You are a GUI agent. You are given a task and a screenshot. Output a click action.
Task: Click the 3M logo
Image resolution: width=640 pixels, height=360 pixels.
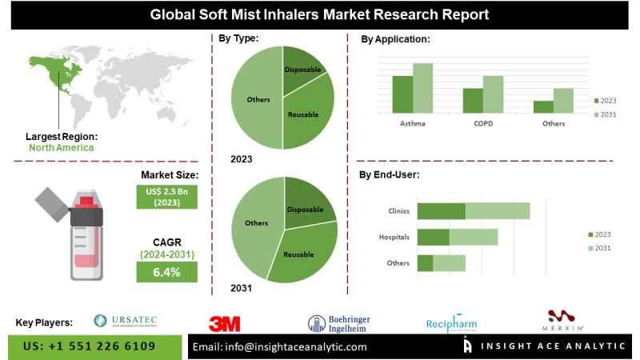click(x=224, y=323)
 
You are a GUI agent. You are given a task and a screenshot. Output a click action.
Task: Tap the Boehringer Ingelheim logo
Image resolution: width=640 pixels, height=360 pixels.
click(x=340, y=322)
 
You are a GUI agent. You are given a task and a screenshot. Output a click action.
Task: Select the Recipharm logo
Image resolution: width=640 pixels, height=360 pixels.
click(x=451, y=322)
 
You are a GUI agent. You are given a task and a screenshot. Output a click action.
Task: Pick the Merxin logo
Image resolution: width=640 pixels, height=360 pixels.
click(x=566, y=321)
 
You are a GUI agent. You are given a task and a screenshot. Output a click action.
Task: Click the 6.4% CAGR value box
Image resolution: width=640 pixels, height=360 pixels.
click(x=167, y=272)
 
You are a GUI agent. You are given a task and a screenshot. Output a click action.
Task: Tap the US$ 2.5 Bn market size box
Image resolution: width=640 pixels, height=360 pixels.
click(x=167, y=197)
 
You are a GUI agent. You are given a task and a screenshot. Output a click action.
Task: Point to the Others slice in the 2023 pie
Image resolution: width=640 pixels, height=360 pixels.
click(x=258, y=99)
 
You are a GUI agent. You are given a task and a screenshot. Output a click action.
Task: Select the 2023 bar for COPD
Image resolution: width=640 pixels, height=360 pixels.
click(x=473, y=99)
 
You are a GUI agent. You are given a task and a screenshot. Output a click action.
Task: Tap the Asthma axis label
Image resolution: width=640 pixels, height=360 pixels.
click(x=413, y=123)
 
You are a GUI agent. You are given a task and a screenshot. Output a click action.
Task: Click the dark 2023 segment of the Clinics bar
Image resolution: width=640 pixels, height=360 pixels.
click(x=441, y=211)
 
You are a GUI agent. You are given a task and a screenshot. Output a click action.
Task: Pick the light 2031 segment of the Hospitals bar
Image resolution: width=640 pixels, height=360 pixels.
click(x=474, y=237)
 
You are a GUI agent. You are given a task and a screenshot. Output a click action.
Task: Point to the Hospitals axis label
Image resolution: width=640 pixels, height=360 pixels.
click(x=394, y=238)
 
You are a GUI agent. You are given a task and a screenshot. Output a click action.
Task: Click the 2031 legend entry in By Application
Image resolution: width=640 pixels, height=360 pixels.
click(x=605, y=115)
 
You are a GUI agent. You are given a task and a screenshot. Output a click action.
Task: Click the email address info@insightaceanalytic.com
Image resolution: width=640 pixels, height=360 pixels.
click(x=280, y=346)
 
